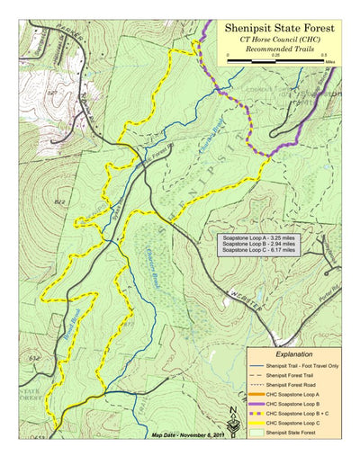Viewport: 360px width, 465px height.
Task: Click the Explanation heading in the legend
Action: click(294, 355)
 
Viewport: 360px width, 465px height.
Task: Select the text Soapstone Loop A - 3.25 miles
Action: click(256, 237)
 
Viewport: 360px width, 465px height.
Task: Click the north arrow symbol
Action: click(234, 444)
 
